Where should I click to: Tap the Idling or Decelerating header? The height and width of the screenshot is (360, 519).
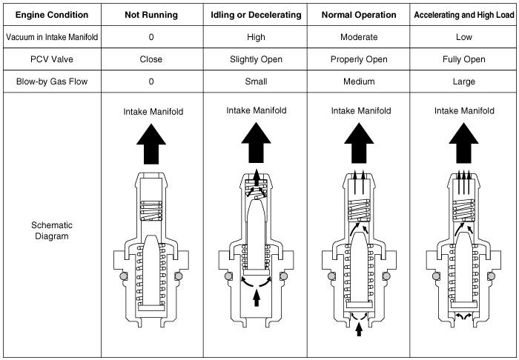pos(257,15)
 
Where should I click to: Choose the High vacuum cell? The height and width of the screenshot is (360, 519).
pos(257,36)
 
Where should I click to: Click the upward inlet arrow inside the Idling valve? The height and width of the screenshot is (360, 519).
pos(257,297)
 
